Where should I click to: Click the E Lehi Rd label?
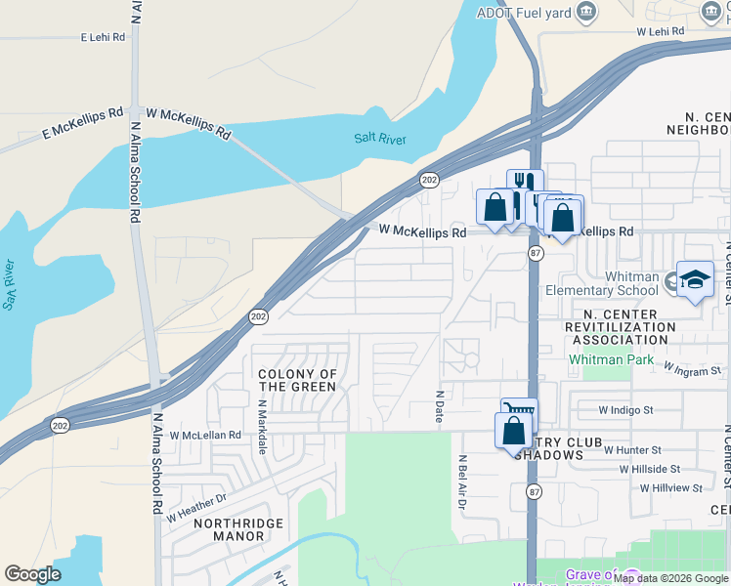coord(104,37)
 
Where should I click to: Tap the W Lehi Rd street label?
coord(661,31)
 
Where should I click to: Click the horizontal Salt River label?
coord(380,139)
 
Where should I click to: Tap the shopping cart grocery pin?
coord(519,412)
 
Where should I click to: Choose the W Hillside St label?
coord(660,469)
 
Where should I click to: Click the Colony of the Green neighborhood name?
coord(297,380)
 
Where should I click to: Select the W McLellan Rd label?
coord(205,435)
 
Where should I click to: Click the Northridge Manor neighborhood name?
coord(229,529)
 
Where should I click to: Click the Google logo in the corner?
coord(33,574)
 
